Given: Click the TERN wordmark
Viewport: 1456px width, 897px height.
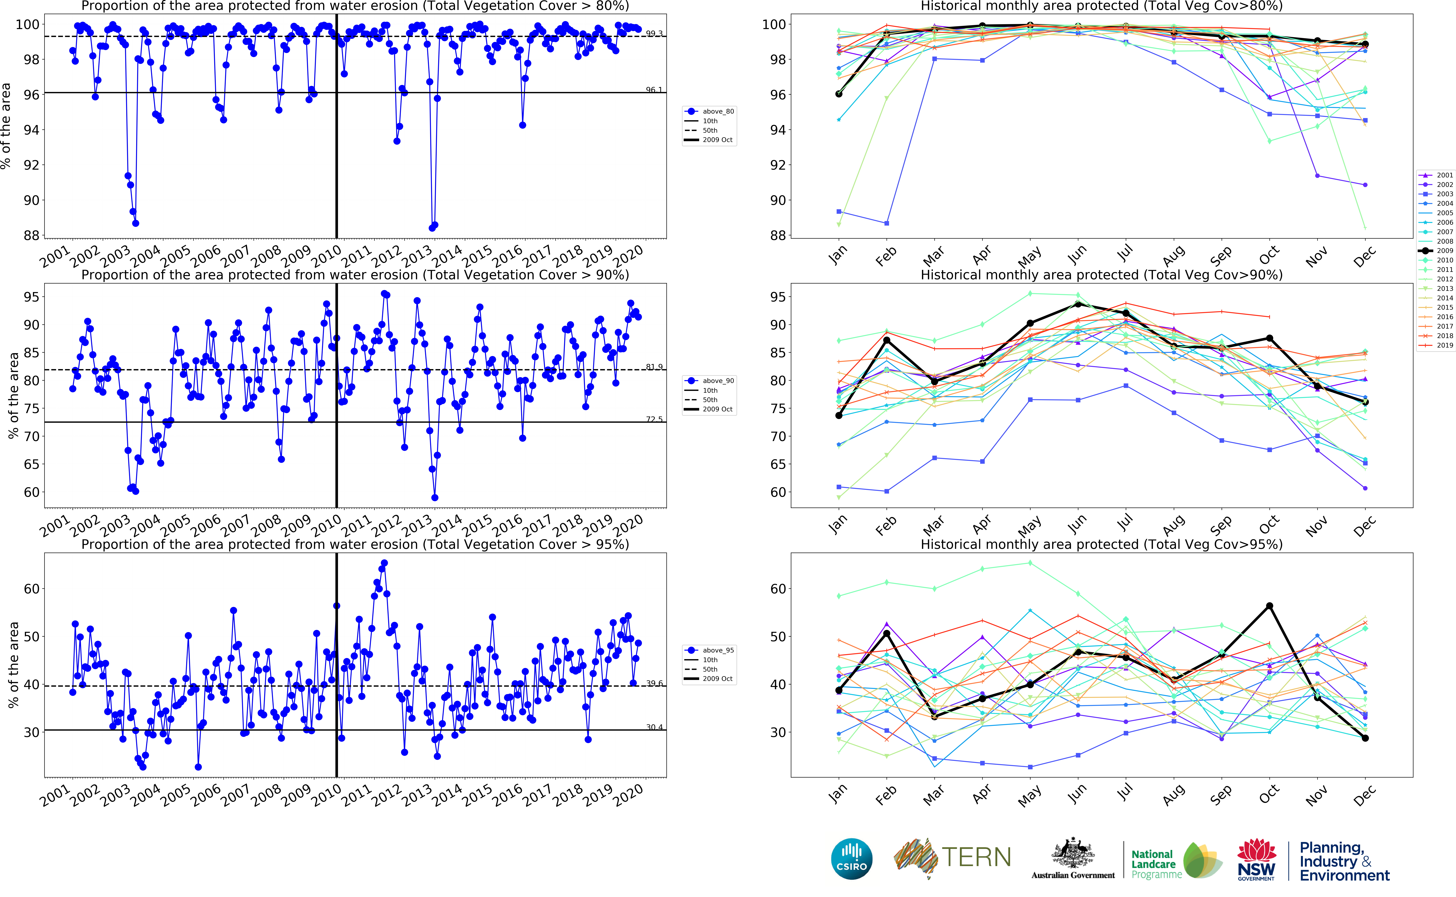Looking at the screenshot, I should pos(976,857).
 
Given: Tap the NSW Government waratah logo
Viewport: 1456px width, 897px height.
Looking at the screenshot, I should pos(1256,858).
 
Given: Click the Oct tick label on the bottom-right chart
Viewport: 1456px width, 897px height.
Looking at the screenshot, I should pos(1269,794).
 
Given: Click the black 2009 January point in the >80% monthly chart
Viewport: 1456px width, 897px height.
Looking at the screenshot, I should pos(839,94).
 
